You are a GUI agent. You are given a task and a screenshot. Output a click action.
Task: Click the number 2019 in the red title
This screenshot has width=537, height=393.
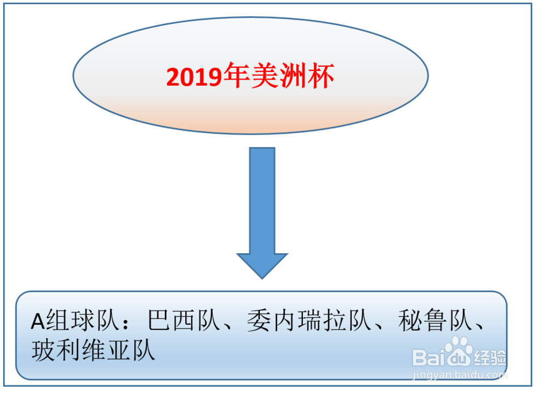click(194, 76)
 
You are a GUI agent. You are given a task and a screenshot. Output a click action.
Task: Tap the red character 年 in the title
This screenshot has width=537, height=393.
click(237, 75)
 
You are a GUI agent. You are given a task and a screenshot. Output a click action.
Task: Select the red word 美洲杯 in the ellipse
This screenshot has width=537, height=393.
click(293, 75)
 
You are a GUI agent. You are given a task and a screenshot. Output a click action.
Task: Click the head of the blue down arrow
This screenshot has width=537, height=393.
click(262, 266)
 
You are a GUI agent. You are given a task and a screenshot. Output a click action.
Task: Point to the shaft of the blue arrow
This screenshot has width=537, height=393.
click(262, 201)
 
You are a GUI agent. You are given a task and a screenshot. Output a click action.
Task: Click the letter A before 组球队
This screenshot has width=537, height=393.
click(38, 321)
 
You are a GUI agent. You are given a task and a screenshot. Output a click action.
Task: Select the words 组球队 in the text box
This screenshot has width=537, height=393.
click(84, 320)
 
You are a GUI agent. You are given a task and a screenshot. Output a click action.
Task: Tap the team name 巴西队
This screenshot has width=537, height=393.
click(184, 320)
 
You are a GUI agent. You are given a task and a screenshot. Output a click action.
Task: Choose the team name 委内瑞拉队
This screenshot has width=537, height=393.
click(310, 320)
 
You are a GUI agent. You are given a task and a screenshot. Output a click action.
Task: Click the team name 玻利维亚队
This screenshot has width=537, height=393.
click(93, 350)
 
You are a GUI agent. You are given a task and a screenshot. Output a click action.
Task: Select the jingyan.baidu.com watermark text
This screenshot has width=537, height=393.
click(459, 374)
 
